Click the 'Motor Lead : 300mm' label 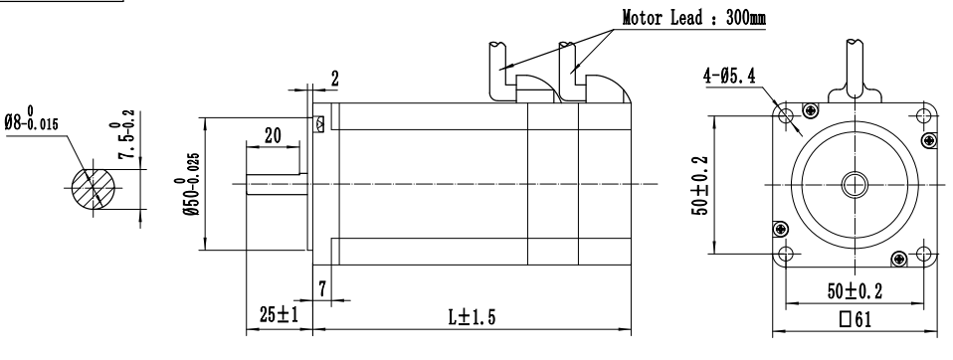pyautogui.click(x=693, y=18)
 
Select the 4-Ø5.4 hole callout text pyautogui.click(x=729, y=76)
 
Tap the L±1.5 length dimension pyautogui.click(x=472, y=317)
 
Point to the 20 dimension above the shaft pyautogui.click(x=273, y=136)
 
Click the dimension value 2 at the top pyautogui.click(x=334, y=79)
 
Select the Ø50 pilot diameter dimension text pyautogui.click(x=187, y=183)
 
